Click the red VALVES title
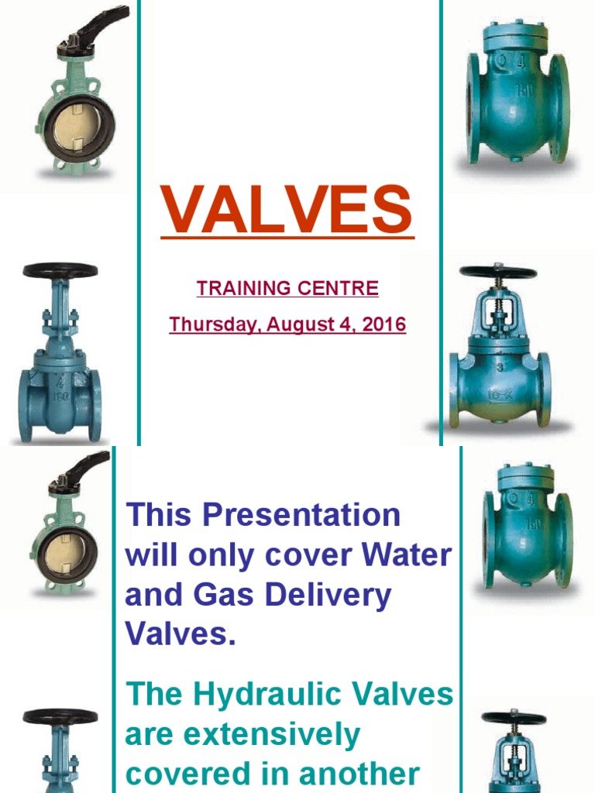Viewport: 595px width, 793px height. coord(287,211)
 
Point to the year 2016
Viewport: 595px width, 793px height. coord(381,324)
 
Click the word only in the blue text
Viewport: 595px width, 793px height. coord(232,555)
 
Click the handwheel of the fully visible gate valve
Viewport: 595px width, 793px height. coord(60,271)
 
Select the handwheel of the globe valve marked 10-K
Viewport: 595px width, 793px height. coord(497,272)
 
